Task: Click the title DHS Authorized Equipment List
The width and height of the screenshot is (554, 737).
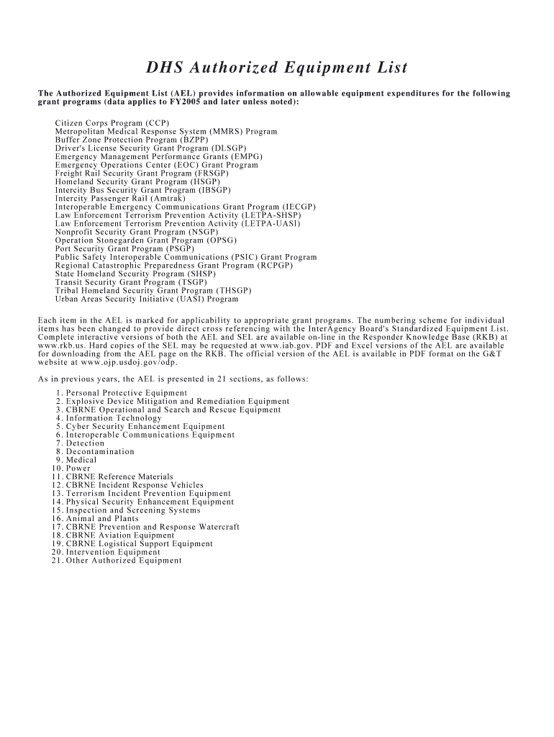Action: point(277,68)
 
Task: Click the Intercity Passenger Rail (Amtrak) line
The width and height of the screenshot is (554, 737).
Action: point(120,198)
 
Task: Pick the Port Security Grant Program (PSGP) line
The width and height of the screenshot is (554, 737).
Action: point(119,248)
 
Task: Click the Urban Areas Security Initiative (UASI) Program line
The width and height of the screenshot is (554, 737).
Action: point(147,299)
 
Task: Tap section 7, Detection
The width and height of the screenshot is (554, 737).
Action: point(85,443)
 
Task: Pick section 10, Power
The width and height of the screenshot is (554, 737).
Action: point(78,469)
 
